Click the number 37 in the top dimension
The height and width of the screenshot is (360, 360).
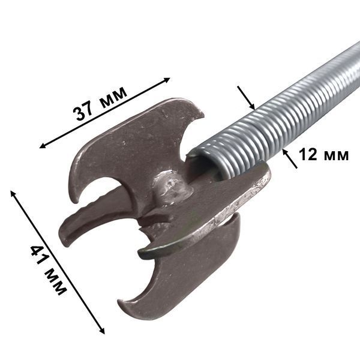click(83, 111)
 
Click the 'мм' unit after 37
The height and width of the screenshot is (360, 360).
click(113, 97)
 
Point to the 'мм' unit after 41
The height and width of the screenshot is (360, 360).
click(55, 282)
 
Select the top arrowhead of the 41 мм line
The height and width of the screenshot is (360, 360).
click(13, 193)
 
